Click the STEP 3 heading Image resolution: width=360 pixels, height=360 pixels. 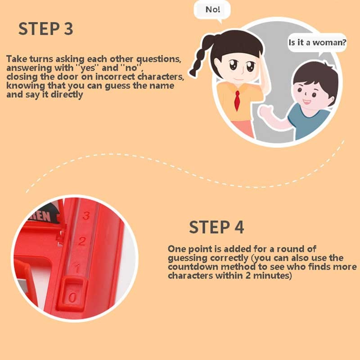[46, 29]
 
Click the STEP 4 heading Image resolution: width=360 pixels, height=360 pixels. [216, 227]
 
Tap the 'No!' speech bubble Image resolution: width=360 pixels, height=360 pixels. [212, 10]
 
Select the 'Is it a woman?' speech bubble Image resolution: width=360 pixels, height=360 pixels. [317, 43]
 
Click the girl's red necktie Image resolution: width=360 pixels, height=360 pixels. [237, 100]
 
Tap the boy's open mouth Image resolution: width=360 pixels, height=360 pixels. [306, 101]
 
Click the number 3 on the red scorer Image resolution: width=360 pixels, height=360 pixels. [86, 216]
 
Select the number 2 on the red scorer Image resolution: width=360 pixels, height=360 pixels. [82, 241]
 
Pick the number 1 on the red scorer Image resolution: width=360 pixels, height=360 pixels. [77, 268]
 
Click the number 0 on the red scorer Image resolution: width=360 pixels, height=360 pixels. [72, 298]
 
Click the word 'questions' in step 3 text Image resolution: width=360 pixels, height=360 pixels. [159, 59]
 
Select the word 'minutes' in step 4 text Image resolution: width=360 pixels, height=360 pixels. [272, 275]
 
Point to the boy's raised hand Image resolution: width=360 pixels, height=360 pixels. [266, 111]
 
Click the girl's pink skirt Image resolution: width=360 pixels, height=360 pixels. [243, 128]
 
